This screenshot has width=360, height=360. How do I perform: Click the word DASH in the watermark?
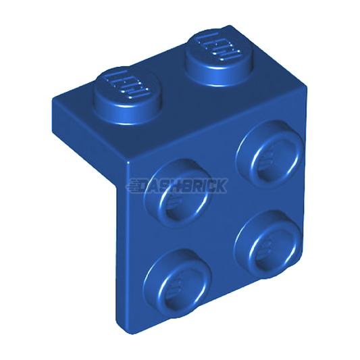pyautogui.click(x=162, y=186)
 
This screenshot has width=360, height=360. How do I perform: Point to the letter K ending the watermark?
pyautogui.click(x=222, y=186)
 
